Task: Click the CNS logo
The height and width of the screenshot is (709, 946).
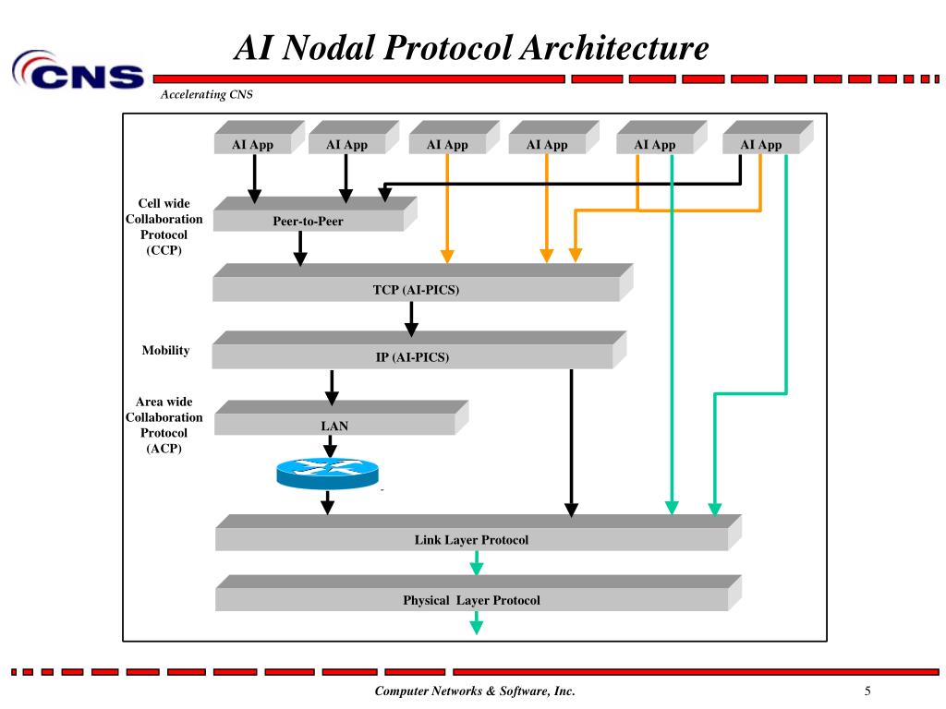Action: [x=78, y=70]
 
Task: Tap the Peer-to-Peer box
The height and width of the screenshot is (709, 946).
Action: [x=315, y=214]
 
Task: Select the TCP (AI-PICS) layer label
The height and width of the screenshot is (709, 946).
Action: [x=416, y=290]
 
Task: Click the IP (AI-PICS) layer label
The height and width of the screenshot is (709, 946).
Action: [x=412, y=357]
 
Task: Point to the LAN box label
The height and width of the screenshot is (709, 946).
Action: [x=334, y=426]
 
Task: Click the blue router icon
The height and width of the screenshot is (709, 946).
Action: [x=328, y=474]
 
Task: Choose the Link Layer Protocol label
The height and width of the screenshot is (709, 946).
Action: [x=471, y=539]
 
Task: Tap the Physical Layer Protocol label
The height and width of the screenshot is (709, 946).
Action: [x=471, y=600]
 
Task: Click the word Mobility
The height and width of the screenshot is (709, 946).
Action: [x=165, y=350]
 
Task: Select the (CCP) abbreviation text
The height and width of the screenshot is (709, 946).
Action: [x=164, y=250]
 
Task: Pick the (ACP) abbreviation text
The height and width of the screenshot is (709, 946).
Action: [x=164, y=449]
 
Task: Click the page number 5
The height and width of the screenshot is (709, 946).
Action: [x=867, y=691]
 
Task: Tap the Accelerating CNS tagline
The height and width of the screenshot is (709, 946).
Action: [x=206, y=94]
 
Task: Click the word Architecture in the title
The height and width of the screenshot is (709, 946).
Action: [x=614, y=48]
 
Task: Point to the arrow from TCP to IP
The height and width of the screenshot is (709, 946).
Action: [x=411, y=318]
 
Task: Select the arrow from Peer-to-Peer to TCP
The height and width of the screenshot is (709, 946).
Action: [x=300, y=248]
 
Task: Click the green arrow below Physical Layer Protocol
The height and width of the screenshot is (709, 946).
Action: [x=476, y=623]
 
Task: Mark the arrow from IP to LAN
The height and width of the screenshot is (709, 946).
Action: [x=332, y=388]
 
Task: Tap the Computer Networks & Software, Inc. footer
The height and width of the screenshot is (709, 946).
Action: [x=475, y=691]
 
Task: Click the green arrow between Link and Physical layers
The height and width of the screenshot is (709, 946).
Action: [x=476, y=562]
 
